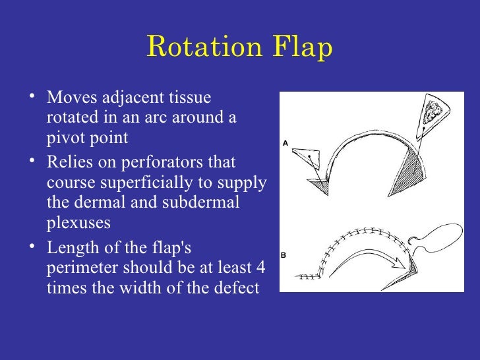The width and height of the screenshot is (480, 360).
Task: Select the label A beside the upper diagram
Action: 285,142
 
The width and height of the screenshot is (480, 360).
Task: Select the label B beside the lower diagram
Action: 285,254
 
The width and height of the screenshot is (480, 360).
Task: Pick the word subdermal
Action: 207,204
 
